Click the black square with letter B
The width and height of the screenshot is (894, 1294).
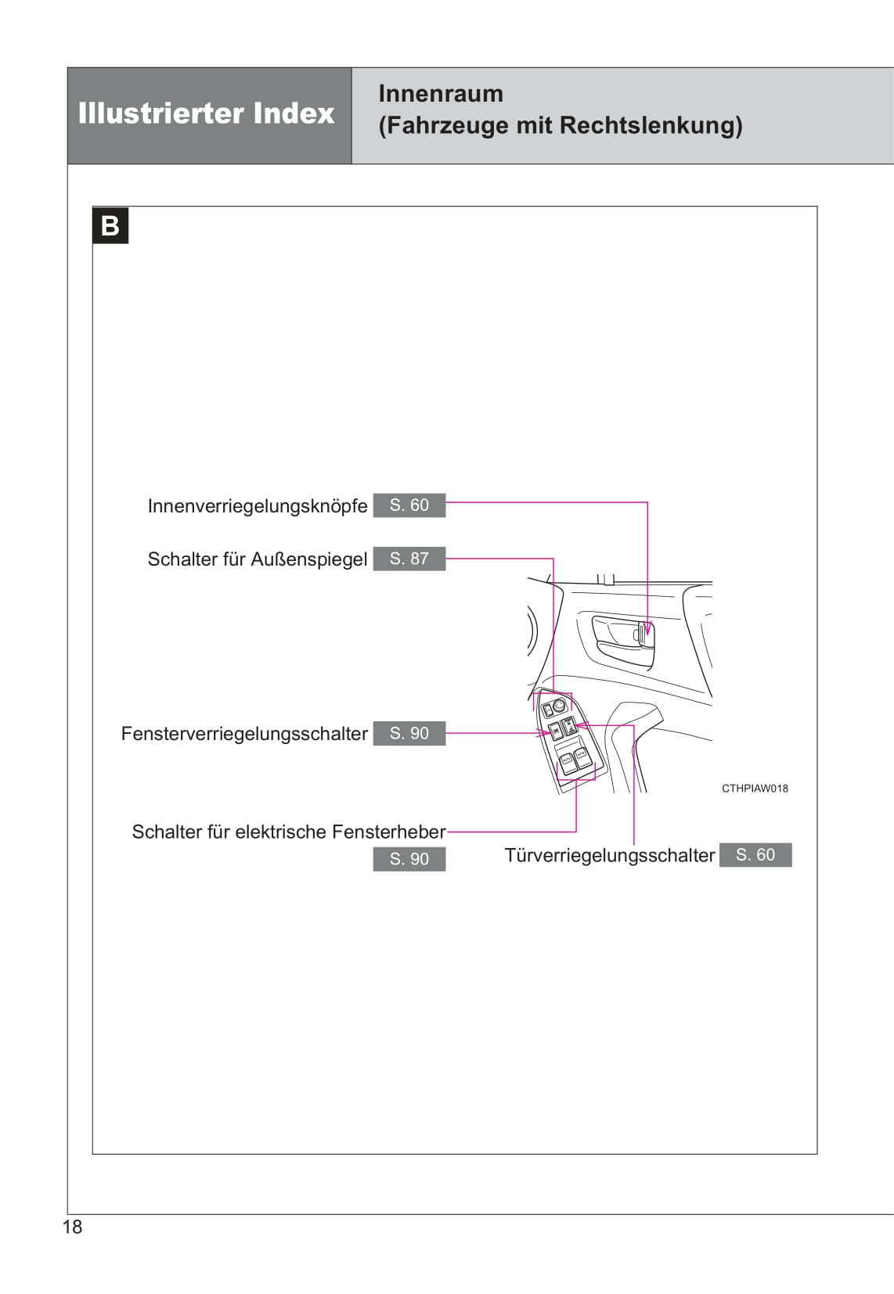(110, 225)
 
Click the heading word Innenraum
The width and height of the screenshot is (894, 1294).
(441, 94)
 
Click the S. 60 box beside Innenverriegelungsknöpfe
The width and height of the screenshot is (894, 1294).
(409, 505)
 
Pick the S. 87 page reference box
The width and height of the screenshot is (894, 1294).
(409, 559)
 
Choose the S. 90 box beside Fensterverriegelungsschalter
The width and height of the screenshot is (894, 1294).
(409, 733)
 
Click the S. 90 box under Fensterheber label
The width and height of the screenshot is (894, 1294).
(409, 859)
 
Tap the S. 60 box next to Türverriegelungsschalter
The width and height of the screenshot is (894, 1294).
(755, 854)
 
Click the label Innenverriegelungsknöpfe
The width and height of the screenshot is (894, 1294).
(258, 506)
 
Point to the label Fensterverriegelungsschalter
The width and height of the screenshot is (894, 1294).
(244, 734)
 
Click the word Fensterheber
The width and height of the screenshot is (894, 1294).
(395, 832)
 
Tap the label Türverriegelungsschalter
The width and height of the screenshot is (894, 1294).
(610, 855)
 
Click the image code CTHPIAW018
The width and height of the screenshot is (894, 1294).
(755, 789)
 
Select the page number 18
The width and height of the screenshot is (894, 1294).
(72, 1227)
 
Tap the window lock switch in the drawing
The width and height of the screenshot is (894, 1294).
(555, 731)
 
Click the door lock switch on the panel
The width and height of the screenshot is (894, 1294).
(571, 725)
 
